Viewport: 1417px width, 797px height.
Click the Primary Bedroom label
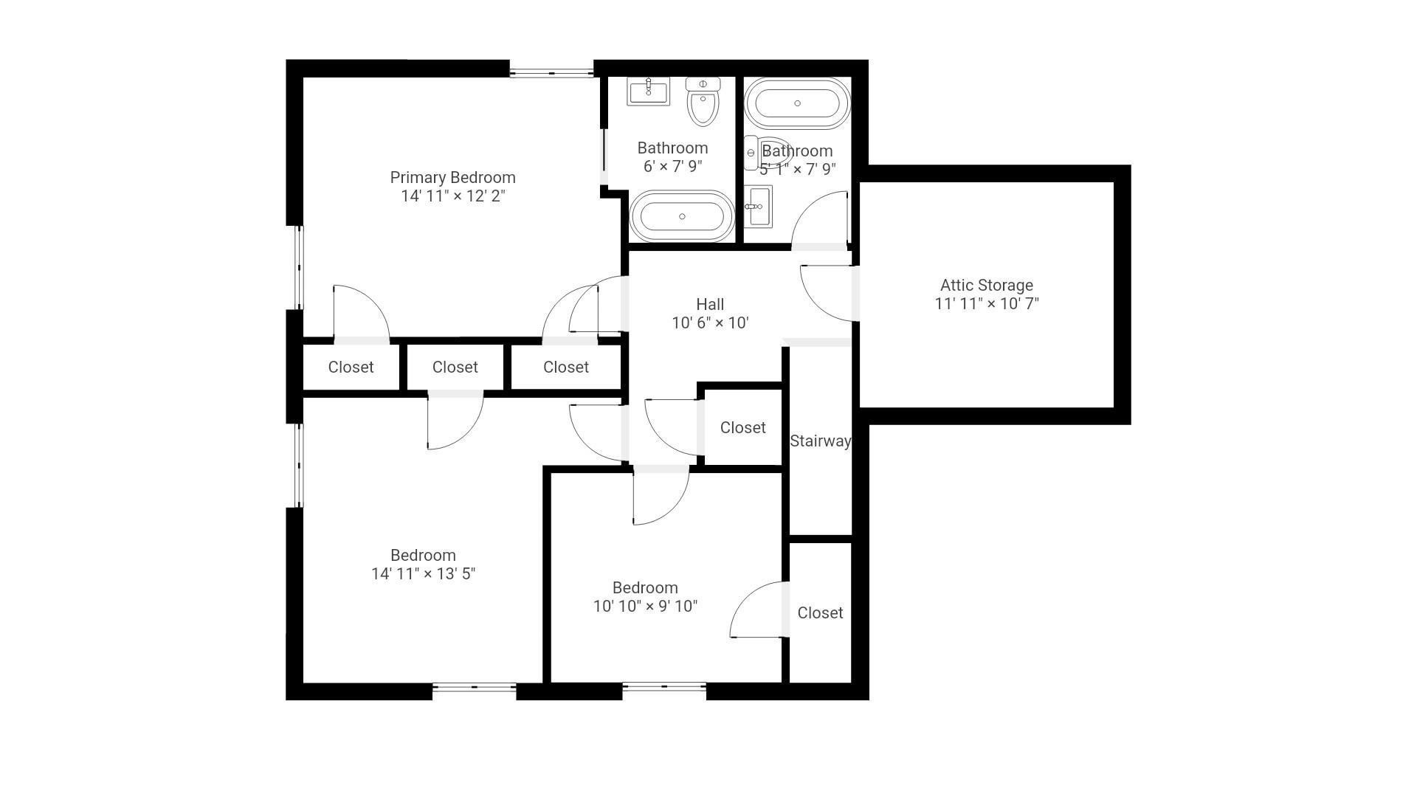click(452, 178)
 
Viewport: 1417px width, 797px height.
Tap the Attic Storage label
click(987, 286)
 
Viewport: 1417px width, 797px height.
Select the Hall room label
click(710, 304)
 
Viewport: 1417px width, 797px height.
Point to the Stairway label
click(820, 441)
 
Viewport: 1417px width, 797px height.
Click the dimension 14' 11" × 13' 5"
click(423, 574)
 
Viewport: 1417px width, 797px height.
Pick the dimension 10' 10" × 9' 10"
click(645, 607)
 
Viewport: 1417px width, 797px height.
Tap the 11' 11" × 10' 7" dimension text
click(987, 304)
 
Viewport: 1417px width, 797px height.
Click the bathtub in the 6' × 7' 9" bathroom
click(682, 216)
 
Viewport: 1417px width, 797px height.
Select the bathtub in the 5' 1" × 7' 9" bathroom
click(797, 103)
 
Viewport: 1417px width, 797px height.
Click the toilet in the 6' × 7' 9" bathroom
click(703, 102)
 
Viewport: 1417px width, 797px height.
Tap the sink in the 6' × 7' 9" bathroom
click(648, 92)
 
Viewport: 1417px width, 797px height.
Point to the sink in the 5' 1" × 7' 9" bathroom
click(758, 206)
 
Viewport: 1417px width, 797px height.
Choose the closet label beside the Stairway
click(742, 428)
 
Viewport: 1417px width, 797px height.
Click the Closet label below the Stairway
click(820, 613)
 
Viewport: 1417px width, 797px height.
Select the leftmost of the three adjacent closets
click(351, 368)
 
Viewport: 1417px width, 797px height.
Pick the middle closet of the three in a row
click(455, 368)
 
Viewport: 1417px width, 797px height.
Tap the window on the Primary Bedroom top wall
click(551, 72)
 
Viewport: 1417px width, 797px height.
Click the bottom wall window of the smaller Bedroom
click(664, 687)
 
